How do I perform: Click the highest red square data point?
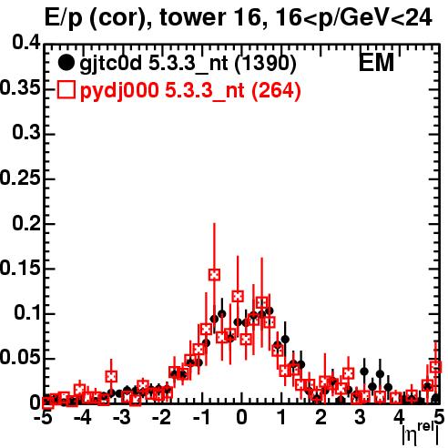click(214, 275)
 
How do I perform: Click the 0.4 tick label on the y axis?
click(26, 43)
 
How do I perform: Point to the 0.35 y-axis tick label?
click(20, 88)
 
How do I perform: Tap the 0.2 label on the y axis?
click(26, 223)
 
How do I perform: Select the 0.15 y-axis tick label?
click(20, 269)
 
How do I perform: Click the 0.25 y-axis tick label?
click(20, 178)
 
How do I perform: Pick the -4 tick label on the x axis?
click(83, 418)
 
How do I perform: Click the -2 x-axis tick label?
click(161, 418)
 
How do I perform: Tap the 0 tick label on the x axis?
click(241, 418)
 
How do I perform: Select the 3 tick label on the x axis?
click(360, 418)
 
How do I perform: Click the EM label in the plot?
click(376, 63)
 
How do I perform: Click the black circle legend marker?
click(66, 63)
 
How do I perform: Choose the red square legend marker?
click(66, 90)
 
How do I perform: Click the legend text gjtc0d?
click(110, 64)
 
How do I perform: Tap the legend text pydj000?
click(119, 91)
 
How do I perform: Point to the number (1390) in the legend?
click(266, 63)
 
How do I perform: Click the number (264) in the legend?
click(276, 91)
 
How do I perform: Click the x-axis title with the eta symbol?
click(421, 433)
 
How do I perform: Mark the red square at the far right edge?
click(436, 367)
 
